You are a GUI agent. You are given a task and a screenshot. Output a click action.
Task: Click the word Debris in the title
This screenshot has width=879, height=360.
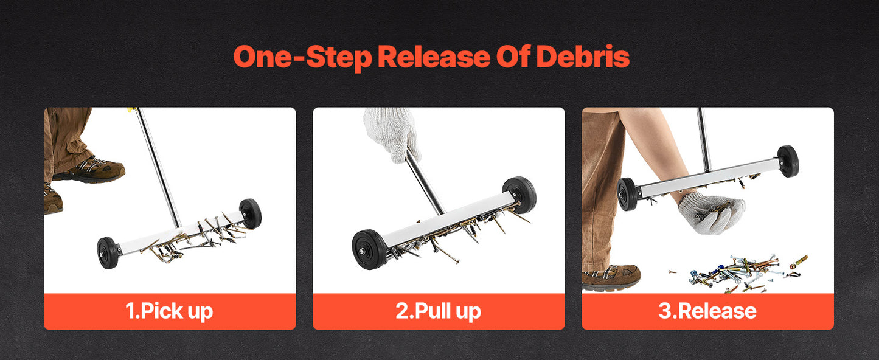583,57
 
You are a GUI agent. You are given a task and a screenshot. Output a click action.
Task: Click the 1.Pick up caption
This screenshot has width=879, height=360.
169,311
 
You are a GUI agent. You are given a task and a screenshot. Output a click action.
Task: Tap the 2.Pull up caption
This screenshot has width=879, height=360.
439,311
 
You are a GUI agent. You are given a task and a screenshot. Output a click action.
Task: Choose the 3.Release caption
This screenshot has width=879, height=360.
707,311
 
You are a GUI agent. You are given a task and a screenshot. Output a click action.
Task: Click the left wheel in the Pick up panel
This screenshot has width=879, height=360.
108,253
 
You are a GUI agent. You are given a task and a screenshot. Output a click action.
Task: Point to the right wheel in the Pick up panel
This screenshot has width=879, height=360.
251,213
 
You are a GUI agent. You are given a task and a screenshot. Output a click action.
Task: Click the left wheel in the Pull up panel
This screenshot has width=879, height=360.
370,250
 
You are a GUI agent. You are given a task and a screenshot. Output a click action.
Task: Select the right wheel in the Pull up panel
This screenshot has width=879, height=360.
519,195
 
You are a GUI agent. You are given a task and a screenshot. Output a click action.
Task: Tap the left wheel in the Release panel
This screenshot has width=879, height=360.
627,194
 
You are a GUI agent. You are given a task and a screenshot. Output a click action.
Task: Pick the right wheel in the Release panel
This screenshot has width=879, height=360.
788,161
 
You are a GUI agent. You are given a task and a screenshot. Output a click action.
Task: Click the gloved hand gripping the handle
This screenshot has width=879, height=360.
392,134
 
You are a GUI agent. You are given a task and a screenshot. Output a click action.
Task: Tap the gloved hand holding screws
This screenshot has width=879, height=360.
711,213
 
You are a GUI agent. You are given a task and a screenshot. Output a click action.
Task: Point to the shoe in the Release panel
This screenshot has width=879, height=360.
611,277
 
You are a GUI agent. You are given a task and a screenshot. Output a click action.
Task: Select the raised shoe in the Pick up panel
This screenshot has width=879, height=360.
91,170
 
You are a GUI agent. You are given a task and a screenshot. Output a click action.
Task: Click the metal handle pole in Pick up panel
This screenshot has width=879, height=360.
158,168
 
